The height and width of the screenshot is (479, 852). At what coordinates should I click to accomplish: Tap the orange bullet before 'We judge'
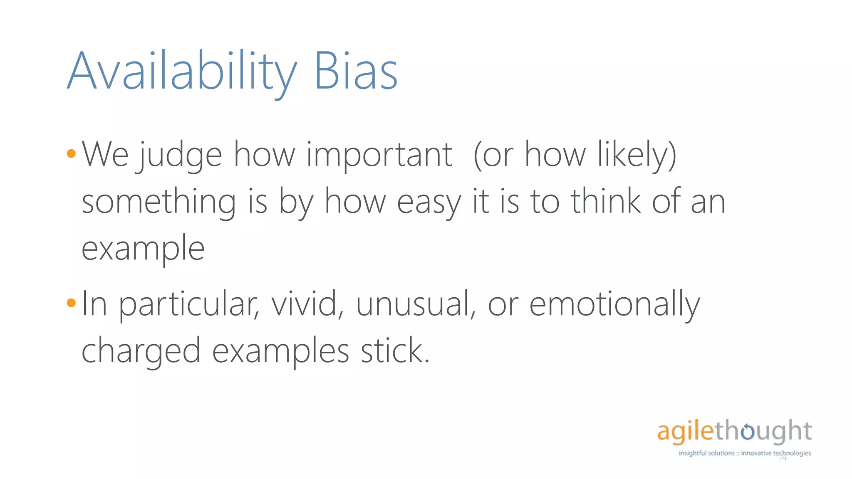point(71,154)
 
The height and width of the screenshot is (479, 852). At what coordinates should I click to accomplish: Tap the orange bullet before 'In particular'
point(71,303)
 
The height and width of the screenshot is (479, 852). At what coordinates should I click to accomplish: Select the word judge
point(180,156)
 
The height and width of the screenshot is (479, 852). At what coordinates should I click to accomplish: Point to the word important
point(379,156)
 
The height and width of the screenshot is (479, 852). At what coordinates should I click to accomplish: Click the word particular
point(189,304)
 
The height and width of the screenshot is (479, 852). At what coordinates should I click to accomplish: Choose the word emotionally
point(614,304)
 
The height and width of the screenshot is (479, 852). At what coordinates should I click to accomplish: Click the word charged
point(141,351)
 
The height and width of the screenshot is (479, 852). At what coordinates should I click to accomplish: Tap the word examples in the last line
point(280,351)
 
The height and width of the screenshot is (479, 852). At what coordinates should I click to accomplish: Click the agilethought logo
point(734,431)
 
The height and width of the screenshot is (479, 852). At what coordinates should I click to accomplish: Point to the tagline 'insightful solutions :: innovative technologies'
point(745,453)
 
